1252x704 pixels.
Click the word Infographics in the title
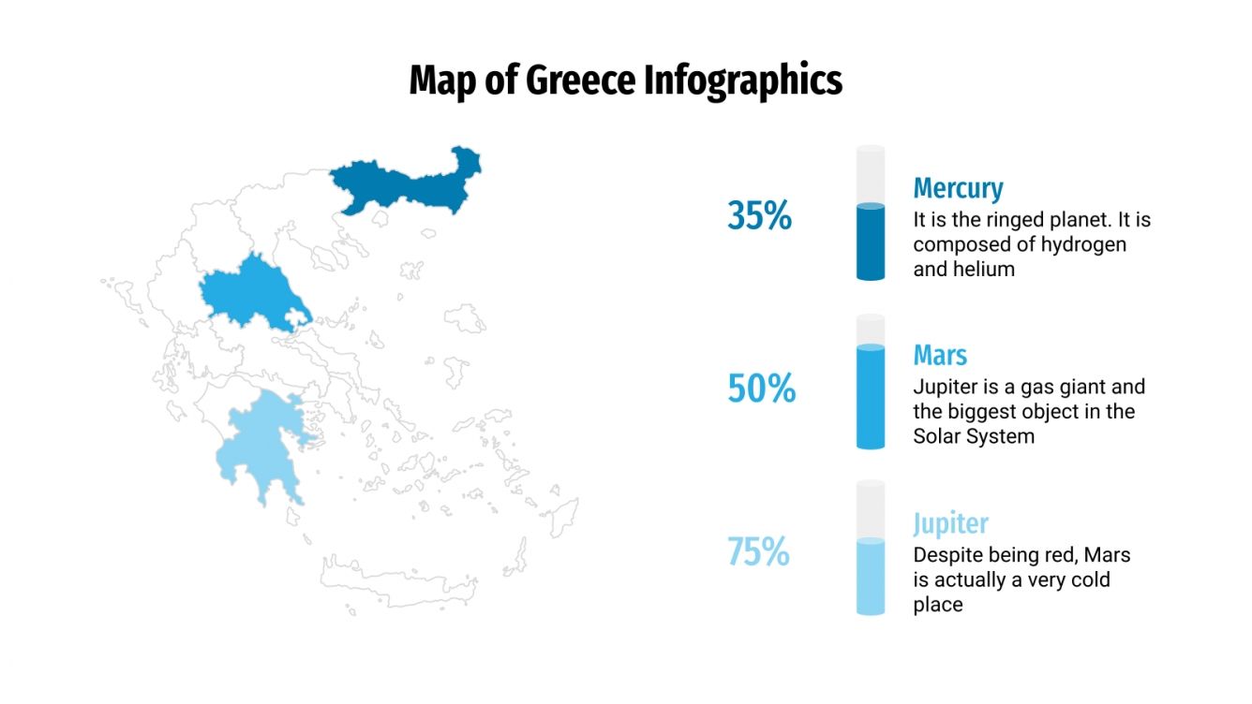coord(743,81)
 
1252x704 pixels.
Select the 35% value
coord(759,216)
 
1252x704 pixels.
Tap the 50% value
coord(761,388)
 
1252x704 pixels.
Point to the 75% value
coord(759,552)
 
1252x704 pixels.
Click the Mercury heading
coord(958,188)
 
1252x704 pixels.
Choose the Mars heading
coord(940,356)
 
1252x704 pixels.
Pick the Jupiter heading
coord(950,522)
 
